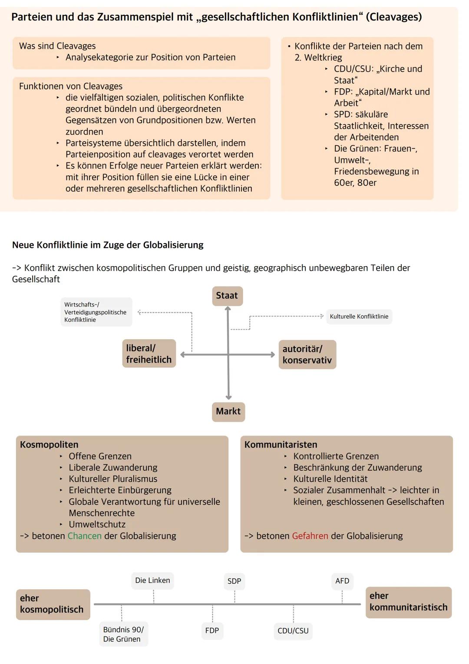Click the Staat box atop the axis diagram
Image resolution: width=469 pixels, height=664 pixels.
click(x=227, y=296)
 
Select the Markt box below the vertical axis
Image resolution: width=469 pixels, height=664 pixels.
click(x=228, y=411)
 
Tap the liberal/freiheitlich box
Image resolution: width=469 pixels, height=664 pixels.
click(x=149, y=353)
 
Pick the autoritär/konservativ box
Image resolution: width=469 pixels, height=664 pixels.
click(x=307, y=354)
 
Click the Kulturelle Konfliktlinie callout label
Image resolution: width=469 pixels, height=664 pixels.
click(x=359, y=317)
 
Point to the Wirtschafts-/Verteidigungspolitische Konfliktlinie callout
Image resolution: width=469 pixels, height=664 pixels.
click(x=96, y=312)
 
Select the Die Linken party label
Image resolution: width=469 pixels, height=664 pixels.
click(x=152, y=580)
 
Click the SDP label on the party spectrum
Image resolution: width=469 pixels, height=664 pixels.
click(x=234, y=581)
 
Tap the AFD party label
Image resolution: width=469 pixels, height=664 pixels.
click(x=342, y=581)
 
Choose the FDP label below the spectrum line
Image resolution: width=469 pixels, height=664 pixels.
click(x=212, y=630)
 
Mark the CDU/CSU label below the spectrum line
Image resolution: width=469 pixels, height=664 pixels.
click(x=293, y=631)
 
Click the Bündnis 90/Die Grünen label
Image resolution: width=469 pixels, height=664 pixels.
click(x=123, y=634)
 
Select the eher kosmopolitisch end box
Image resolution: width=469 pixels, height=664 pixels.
click(x=53, y=604)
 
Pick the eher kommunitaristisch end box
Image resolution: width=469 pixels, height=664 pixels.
click(x=408, y=601)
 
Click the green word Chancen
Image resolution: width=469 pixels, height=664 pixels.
click(x=85, y=536)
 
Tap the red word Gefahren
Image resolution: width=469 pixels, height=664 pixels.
click(x=310, y=536)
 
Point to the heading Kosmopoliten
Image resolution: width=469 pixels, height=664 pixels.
click(x=49, y=445)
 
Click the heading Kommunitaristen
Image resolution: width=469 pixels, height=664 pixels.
click(x=281, y=445)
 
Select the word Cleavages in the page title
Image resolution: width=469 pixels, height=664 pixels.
click(x=394, y=17)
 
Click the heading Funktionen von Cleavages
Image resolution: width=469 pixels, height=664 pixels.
click(x=71, y=86)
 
